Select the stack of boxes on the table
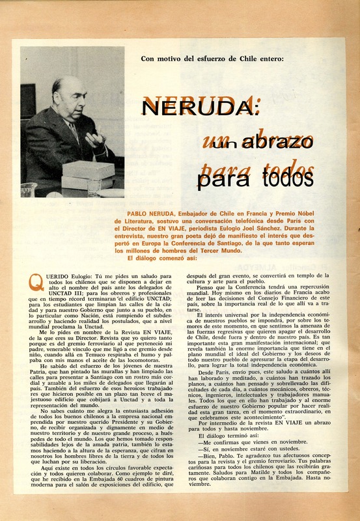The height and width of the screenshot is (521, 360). (x=87, y=174)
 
